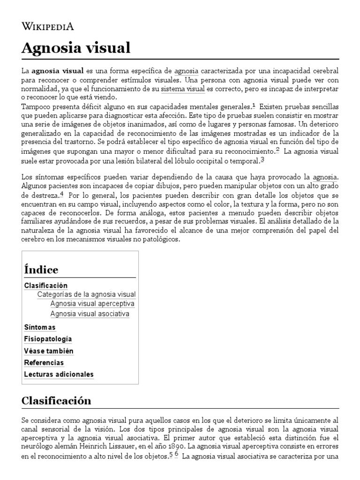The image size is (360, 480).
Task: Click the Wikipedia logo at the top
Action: (x=48, y=26)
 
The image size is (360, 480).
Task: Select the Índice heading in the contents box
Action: (x=41, y=270)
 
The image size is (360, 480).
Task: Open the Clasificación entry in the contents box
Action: (x=46, y=285)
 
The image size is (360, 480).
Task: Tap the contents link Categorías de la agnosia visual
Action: (x=86, y=294)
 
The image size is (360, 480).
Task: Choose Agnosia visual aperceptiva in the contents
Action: (x=92, y=303)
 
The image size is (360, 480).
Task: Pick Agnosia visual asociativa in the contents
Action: (x=90, y=314)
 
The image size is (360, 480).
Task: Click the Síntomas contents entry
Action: (x=40, y=327)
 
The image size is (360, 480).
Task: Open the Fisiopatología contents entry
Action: (x=48, y=339)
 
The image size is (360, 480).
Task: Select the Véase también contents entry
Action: (x=49, y=351)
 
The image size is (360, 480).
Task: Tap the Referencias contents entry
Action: (x=44, y=362)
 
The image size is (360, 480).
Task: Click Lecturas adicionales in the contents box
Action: (x=59, y=374)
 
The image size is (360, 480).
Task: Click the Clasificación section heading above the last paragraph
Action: (x=56, y=401)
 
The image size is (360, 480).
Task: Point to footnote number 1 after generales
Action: (x=254, y=105)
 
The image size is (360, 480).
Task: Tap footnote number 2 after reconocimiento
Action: (x=277, y=150)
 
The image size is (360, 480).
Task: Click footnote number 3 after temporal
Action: (x=262, y=159)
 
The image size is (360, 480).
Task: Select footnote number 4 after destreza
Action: (x=61, y=195)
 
